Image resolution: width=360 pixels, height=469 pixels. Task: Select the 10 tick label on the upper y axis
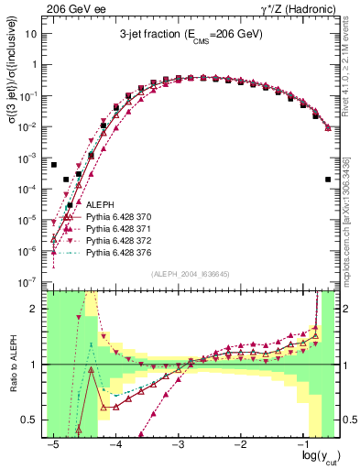(x=32, y=33)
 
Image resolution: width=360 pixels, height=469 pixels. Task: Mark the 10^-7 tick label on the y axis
(x=31, y=281)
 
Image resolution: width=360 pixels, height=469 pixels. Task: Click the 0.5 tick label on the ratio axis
(x=32, y=420)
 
